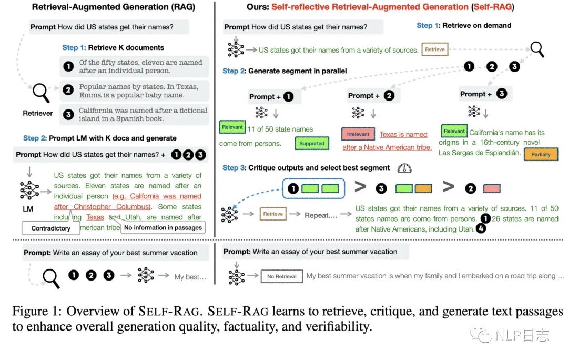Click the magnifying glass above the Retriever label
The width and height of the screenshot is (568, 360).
(40, 93)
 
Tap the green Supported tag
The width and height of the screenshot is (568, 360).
(312, 143)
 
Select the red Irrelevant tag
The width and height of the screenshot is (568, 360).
(358, 134)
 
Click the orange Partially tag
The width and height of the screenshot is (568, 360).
(541, 154)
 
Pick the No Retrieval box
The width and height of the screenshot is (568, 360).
(281, 277)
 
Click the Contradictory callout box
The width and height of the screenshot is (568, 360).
(50, 228)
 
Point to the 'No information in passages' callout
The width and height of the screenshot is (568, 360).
(163, 227)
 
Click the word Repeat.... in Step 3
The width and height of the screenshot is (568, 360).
(321, 215)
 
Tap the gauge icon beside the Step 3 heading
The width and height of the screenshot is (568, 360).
(404, 168)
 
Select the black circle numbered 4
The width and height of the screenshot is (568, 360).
(481, 228)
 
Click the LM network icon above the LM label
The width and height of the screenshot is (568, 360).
(29, 191)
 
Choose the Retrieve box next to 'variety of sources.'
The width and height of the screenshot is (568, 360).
(435, 49)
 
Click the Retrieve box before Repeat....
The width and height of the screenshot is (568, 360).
(273, 214)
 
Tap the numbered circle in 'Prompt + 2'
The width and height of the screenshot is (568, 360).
(389, 95)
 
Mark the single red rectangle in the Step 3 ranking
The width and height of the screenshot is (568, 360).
(492, 188)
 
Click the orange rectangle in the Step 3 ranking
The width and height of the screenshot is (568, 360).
(423, 188)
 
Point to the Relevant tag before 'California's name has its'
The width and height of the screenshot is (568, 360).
(454, 131)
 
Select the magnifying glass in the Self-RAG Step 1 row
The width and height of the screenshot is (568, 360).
(537, 49)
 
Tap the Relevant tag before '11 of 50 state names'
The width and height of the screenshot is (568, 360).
(232, 127)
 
